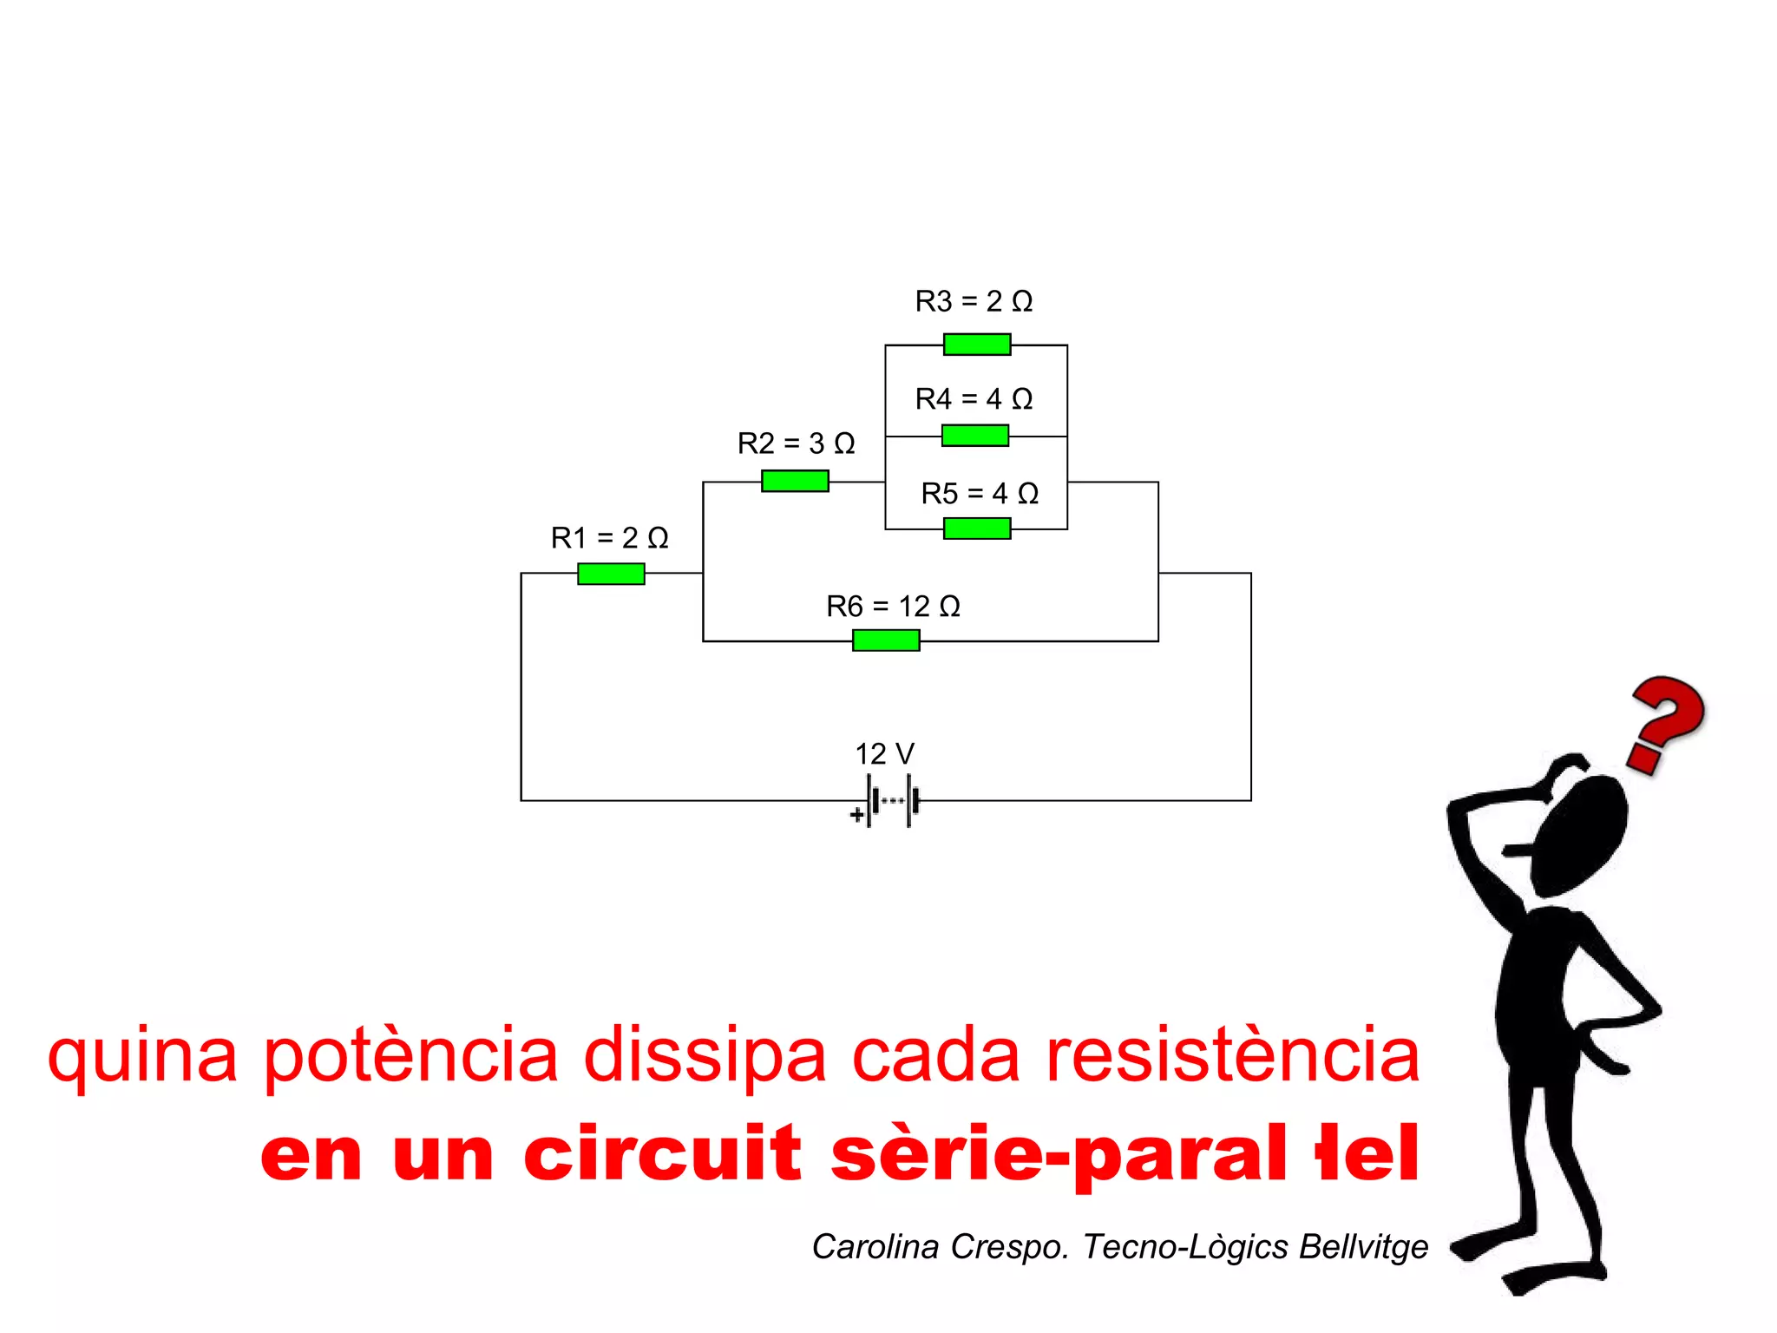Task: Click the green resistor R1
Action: pos(611,574)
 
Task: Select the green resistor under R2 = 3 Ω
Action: pos(795,481)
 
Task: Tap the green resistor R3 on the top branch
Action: pos(977,345)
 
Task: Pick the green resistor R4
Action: pos(975,436)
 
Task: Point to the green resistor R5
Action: pos(977,529)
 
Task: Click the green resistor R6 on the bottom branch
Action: pos(886,640)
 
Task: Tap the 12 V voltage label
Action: pos(884,753)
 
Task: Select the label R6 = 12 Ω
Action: pos(893,606)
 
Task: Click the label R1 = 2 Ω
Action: pos(609,538)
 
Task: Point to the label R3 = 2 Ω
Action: pos(974,301)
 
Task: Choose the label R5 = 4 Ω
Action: pos(980,493)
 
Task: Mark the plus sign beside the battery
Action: pos(856,815)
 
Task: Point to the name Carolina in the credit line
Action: pos(875,1246)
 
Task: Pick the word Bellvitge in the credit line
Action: pos(1363,1246)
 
